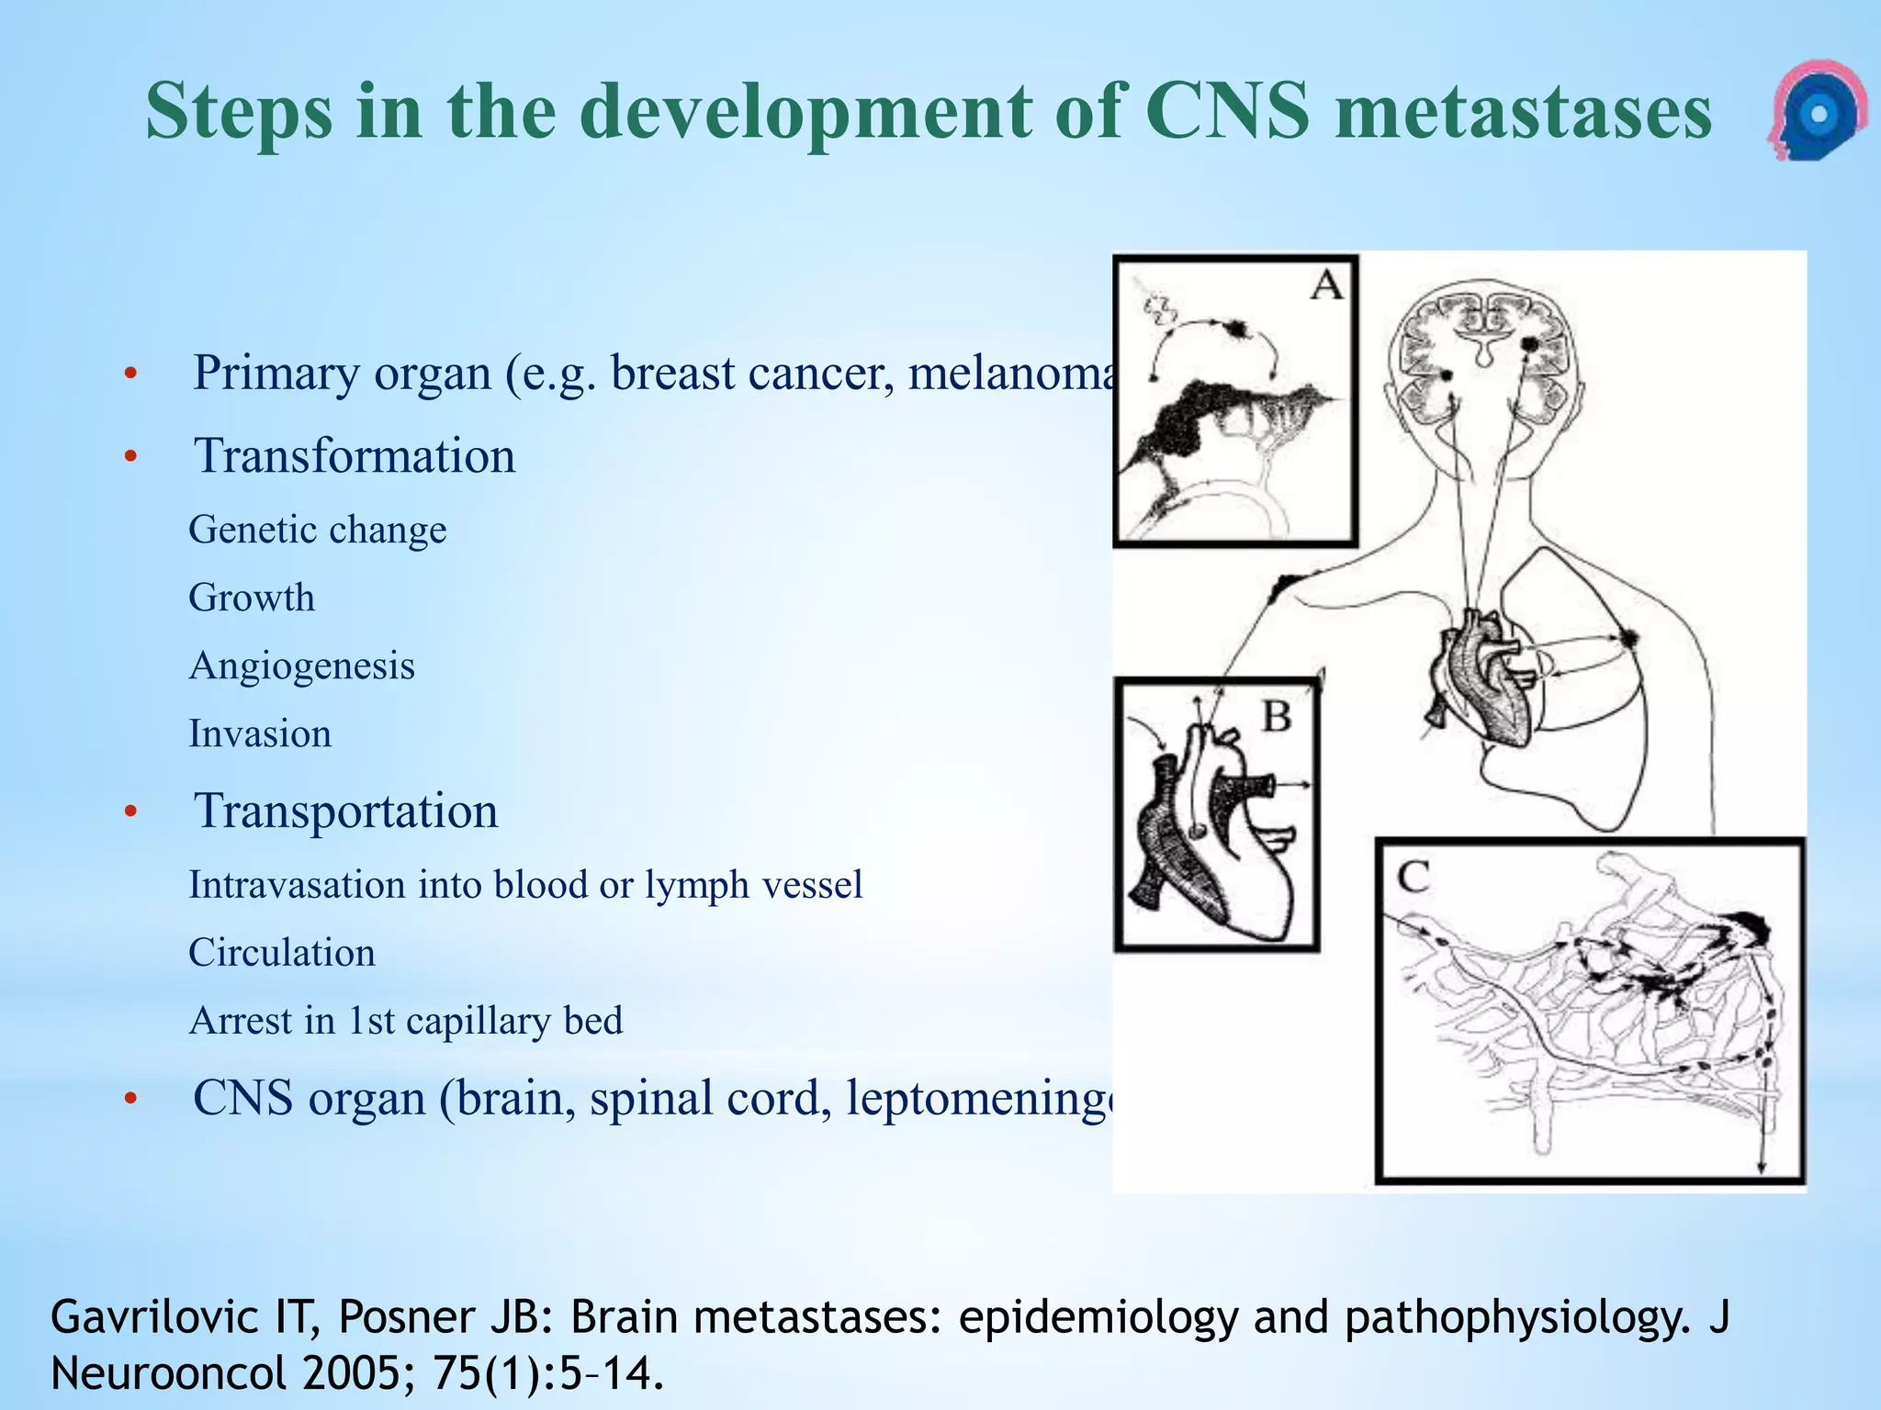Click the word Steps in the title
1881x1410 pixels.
tap(239, 112)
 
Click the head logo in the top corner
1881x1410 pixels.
tap(1816, 111)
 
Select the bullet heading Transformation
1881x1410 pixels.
tap(355, 456)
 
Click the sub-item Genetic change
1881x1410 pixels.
tap(318, 531)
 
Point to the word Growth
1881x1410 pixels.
tap(252, 599)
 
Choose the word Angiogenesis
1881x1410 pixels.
tap(302, 666)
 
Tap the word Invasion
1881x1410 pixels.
tap(260, 734)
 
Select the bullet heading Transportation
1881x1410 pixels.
tap(346, 811)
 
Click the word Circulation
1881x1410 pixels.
tap(282, 953)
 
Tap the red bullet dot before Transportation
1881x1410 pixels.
tap(131, 812)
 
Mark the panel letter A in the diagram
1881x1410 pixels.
tap(1326, 285)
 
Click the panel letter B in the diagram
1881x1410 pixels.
tap(1277, 715)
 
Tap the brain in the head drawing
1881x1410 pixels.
tap(1484, 349)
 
